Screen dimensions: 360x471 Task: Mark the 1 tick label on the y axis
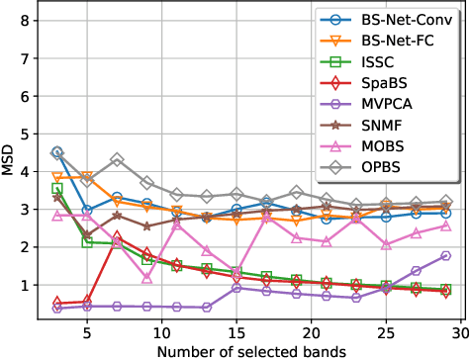click(x=28, y=285)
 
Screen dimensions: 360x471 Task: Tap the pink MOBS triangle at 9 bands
click(x=147, y=278)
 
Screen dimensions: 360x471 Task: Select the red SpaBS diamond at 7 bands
click(x=117, y=237)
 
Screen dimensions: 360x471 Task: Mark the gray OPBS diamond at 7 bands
click(x=117, y=159)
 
